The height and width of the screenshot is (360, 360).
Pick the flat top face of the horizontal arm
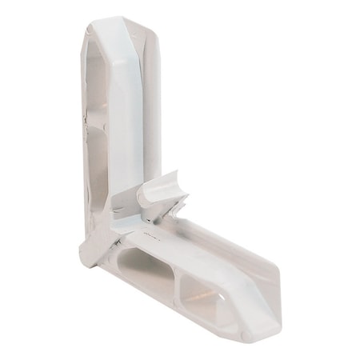(x=200, y=248)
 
